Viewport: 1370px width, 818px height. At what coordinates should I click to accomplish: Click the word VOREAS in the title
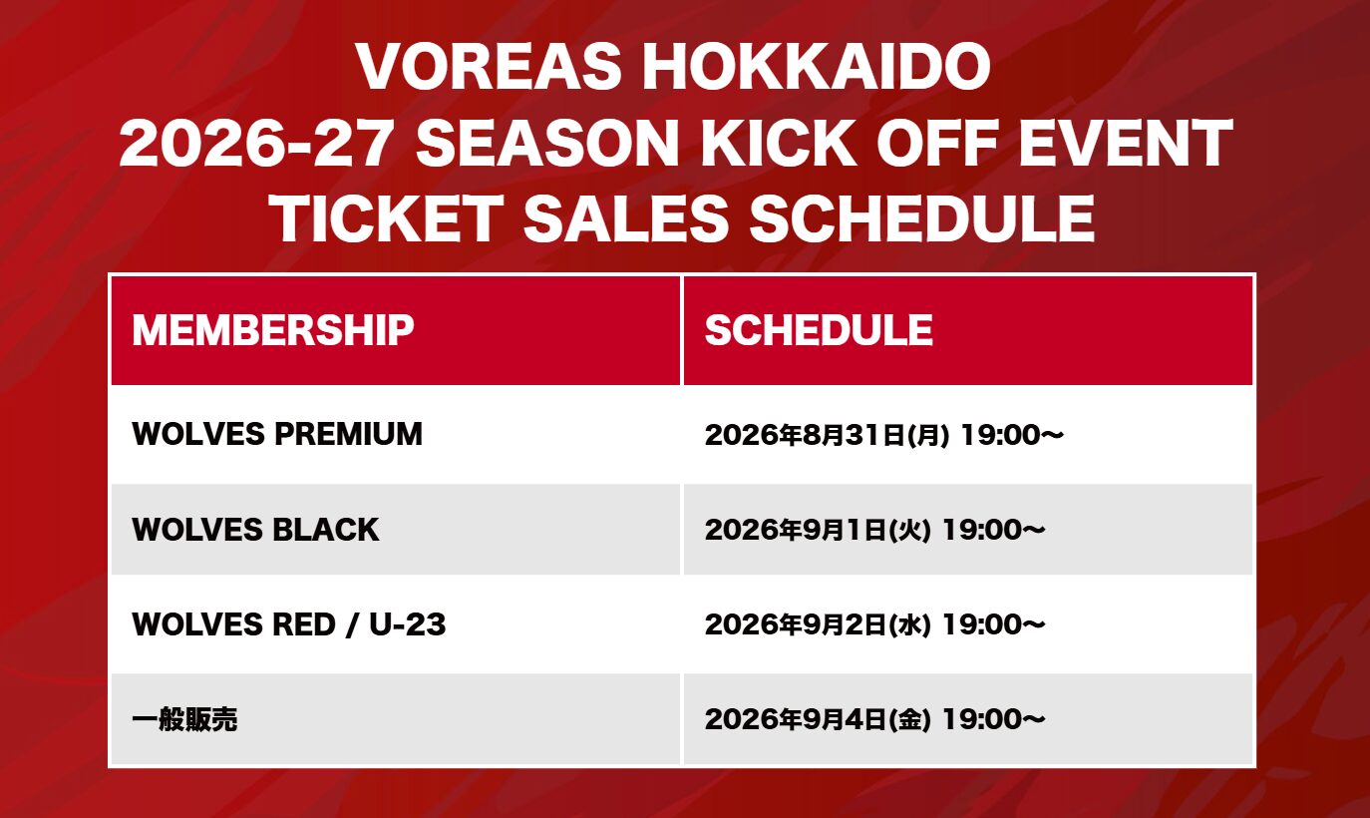click(489, 67)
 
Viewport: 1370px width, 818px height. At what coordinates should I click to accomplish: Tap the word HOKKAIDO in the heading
click(816, 67)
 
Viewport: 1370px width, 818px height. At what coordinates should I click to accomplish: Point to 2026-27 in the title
click(255, 143)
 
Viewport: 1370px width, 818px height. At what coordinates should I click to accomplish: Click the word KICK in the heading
click(778, 143)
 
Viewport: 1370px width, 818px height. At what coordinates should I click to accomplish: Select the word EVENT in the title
click(1126, 143)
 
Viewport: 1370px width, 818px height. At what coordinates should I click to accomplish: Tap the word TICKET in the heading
click(390, 218)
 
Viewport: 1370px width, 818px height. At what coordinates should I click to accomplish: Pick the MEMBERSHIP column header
click(273, 330)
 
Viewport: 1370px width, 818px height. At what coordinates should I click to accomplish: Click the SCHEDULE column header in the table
click(819, 330)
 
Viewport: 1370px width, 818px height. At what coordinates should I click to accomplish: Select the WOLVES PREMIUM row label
click(277, 434)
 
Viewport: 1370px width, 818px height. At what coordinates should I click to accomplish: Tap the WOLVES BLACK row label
click(255, 530)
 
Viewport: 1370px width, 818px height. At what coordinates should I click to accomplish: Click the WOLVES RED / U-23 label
click(289, 624)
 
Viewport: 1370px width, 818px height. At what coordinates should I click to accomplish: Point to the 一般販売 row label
click(184, 719)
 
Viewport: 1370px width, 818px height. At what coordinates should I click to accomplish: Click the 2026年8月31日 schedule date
click(805, 435)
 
